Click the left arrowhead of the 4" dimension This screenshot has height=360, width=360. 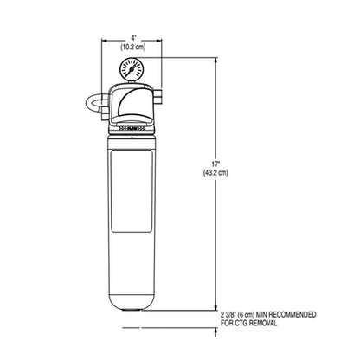click(104, 40)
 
